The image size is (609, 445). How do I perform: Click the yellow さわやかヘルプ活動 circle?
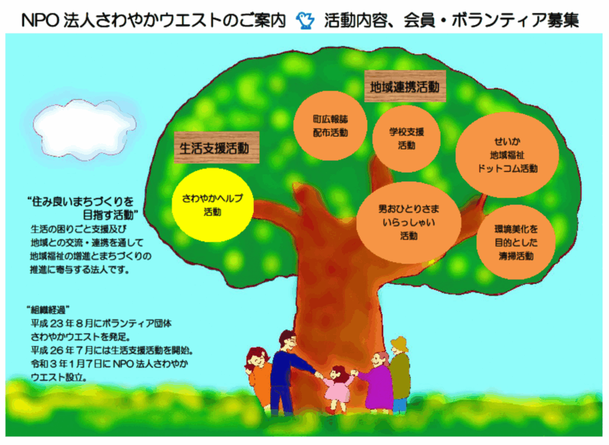(x=212, y=205)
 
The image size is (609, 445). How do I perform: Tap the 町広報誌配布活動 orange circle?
(x=330, y=126)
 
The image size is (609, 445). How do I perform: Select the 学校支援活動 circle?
(x=406, y=139)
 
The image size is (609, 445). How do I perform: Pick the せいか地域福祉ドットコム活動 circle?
(x=507, y=155)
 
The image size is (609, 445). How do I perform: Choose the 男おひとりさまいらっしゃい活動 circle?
(x=409, y=223)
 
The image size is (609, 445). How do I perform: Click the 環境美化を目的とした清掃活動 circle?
(x=516, y=242)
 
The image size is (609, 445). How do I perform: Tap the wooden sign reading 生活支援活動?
(x=216, y=148)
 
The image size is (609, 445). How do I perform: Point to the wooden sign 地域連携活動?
(x=404, y=86)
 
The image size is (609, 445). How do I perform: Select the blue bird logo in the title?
(x=305, y=21)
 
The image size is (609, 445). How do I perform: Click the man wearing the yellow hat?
(x=400, y=375)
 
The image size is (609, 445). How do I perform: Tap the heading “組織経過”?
(x=48, y=310)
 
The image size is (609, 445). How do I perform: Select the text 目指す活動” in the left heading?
(x=111, y=215)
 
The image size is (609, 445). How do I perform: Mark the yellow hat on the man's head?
(x=400, y=343)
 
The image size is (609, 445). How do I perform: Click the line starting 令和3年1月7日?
(x=109, y=363)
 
